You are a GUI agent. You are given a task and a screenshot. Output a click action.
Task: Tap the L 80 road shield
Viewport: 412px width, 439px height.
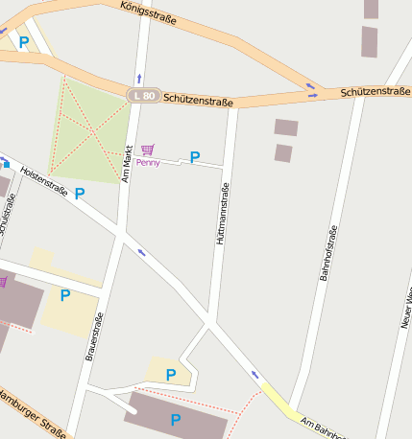143,95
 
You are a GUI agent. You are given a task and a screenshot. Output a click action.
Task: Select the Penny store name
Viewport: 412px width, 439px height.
148,163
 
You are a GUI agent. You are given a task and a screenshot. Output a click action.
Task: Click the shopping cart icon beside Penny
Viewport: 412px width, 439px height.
147,150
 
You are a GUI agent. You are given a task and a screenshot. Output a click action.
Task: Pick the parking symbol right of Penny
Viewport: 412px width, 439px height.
195,157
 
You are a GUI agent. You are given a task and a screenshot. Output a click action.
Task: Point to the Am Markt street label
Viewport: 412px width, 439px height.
127,163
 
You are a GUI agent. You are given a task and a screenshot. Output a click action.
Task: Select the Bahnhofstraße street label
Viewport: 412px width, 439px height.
328,252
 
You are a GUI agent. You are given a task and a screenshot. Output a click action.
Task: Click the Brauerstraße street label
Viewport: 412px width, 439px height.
94,335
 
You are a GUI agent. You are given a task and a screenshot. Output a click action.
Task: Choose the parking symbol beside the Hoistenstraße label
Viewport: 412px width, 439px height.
80,194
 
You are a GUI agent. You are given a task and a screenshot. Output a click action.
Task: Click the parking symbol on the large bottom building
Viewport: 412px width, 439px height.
176,419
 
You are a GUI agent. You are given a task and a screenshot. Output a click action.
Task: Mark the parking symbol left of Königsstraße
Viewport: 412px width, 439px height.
24,42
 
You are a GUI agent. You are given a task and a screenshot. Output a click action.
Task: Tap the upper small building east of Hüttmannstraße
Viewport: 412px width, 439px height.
286,127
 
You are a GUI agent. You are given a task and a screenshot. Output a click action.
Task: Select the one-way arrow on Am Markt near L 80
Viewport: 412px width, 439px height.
139,77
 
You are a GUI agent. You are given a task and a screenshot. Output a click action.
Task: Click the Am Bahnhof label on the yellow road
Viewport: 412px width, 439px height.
322,428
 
